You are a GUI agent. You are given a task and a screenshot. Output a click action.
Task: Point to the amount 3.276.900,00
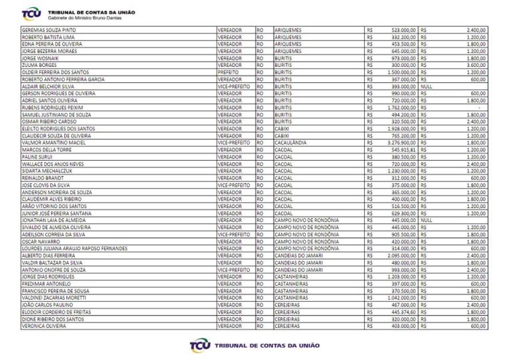pos(401,143)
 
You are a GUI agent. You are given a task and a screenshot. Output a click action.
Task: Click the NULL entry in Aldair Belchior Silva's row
pos(427,86)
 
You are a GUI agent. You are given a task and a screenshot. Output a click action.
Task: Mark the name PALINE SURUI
pos(37,157)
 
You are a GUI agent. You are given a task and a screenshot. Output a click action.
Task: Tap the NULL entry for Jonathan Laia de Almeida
pos(427,219)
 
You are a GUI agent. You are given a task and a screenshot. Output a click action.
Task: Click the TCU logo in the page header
pos(30,14)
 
